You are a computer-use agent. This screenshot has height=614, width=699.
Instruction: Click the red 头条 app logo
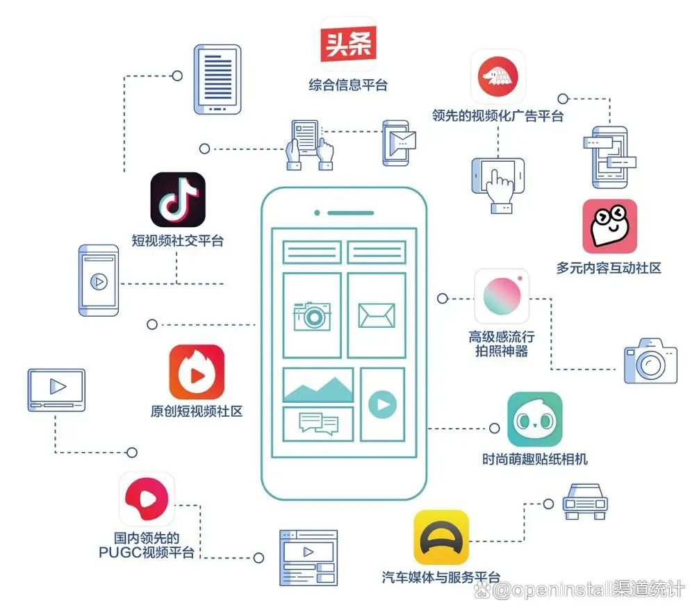(348, 44)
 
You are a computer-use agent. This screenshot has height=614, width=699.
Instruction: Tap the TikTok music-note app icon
(178, 199)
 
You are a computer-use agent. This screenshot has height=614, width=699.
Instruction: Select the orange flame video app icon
(197, 372)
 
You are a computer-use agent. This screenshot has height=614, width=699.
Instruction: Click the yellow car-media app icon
(441, 538)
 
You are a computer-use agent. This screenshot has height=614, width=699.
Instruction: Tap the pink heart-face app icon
(609, 226)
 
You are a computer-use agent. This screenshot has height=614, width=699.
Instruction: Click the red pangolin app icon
(498, 76)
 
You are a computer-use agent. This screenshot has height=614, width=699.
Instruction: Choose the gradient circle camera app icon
(502, 297)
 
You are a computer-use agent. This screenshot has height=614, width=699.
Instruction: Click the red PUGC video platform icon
(147, 499)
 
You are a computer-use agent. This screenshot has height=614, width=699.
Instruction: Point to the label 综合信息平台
(348, 85)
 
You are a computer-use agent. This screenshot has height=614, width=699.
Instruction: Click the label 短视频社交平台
(178, 241)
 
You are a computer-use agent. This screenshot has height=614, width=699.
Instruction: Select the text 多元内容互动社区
(609, 267)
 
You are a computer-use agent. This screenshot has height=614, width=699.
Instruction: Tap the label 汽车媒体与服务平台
(441, 577)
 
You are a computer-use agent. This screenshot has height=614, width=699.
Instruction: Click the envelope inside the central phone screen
(376, 315)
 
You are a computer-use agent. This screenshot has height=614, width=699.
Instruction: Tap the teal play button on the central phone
(382, 404)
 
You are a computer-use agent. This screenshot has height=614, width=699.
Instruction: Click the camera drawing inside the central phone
(312, 315)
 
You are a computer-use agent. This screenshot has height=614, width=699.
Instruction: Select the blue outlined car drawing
(584, 501)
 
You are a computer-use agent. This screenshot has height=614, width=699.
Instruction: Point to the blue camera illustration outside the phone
(650, 360)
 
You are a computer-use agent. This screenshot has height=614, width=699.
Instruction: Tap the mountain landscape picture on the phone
(318, 386)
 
